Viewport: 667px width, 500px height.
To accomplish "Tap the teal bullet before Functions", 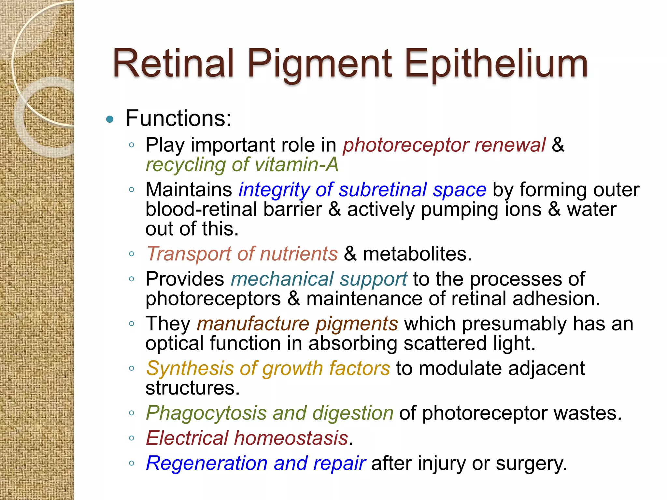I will (110, 119).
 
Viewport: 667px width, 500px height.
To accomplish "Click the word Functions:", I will (178, 118).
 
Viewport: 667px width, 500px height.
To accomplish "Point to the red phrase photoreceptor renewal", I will (444, 145).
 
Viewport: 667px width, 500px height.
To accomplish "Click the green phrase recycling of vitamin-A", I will (242, 165).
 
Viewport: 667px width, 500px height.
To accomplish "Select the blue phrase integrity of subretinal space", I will (362, 190).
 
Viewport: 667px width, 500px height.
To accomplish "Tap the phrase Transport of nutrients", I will (242, 254).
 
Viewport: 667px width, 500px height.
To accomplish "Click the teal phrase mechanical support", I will (319, 279).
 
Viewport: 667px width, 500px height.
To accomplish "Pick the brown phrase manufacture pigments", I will (297, 324).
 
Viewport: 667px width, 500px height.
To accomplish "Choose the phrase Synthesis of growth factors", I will (268, 368).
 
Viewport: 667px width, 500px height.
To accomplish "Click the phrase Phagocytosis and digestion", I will (270, 413).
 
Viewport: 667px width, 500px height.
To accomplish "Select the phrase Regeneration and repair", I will (256, 463).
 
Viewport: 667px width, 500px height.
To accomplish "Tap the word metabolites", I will (417, 254).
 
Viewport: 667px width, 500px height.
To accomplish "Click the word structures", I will (192, 388).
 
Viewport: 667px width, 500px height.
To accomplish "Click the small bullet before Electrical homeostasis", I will (132, 438).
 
